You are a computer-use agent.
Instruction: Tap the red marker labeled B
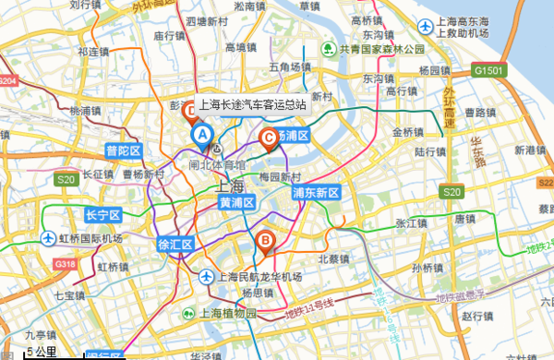click(x=265, y=241)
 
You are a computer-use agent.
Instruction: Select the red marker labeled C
click(x=270, y=139)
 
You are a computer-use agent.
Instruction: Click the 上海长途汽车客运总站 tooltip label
click(x=252, y=105)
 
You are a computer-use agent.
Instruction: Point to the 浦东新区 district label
click(x=317, y=193)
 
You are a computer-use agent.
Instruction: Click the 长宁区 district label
click(x=103, y=215)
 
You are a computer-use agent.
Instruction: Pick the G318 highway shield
click(x=65, y=265)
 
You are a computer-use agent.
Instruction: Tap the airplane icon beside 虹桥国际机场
click(x=49, y=239)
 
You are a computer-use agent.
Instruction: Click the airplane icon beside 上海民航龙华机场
click(x=207, y=276)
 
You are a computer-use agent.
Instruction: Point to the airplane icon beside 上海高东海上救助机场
click(x=425, y=27)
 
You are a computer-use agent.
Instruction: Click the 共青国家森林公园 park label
click(x=380, y=48)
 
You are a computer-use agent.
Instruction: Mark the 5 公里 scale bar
click(x=41, y=353)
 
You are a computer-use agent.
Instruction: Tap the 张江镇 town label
click(x=408, y=222)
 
